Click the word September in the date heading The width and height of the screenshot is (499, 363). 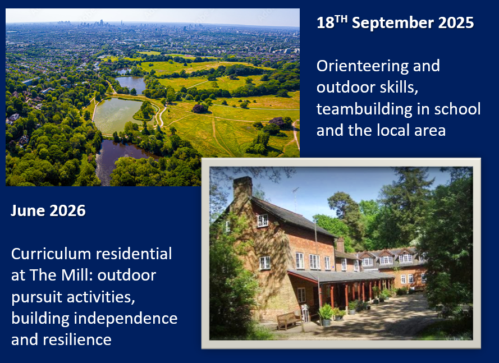pyautogui.click(x=392, y=23)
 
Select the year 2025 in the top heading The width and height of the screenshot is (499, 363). pyautogui.click(x=456, y=23)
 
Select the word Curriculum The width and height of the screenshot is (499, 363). pyautogui.click(x=51, y=254)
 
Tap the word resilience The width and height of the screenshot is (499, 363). pyautogui.click(x=77, y=339)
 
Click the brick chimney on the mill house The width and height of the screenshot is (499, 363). pyautogui.click(x=242, y=189)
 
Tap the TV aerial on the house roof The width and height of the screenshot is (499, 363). pyautogui.click(x=296, y=199)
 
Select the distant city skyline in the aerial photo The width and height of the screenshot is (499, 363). pyautogui.click(x=95, y=24)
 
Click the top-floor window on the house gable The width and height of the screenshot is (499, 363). pyautogui.click(x=263, y=220)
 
